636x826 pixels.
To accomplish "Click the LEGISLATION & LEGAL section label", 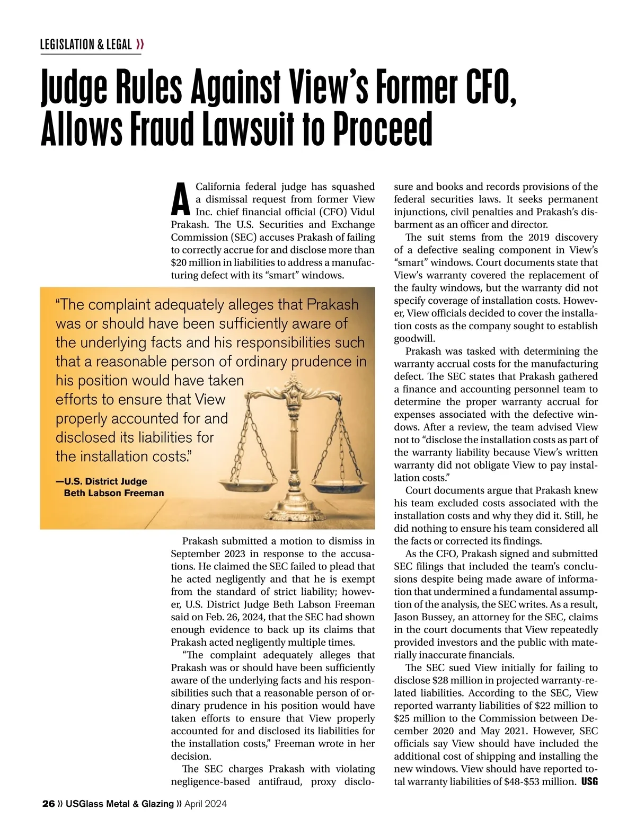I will [x=86, y=45].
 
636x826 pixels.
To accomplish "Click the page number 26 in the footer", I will [x=48, y=804].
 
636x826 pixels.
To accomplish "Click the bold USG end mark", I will [x=589, y=781].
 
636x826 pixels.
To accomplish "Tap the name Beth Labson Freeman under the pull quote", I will [x=114, y=493].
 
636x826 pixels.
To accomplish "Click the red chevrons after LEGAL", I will [x=140, y=45].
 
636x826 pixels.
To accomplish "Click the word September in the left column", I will [x=195, y=553].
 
